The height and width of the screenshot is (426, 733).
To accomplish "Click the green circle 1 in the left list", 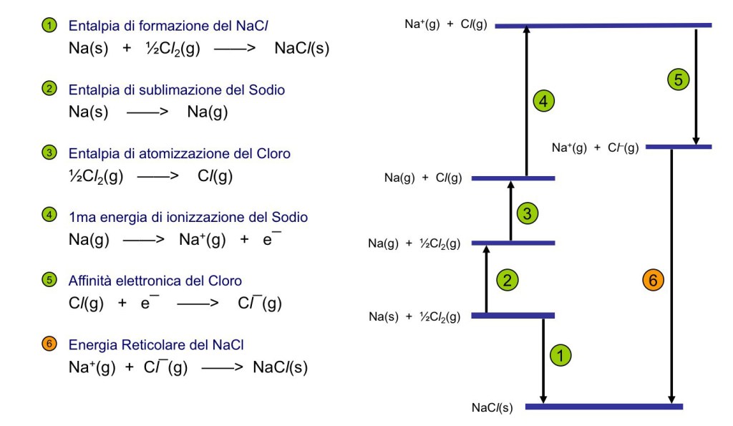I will [x=49, y=26].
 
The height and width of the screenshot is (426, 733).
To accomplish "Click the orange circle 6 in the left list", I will [x=49, y=344].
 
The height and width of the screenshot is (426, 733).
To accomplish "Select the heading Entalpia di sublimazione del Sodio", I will [x=177, y=90].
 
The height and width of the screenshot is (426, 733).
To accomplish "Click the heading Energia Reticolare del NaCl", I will [x=156, y=345].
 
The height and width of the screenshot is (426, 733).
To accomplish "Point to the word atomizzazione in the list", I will [x=160, y=154].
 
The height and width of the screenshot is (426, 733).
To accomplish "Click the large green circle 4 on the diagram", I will [x=544, y=102].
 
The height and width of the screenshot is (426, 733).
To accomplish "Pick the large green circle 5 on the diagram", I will [x=678, y=79].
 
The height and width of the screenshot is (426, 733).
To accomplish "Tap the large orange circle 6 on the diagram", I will [x=654, y=281].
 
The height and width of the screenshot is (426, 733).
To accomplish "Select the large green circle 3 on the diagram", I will [x=527, y=213].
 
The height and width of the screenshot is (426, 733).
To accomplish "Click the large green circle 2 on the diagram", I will [x=507, y=280].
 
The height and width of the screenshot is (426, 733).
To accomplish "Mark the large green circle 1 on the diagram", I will [x=560, y=353].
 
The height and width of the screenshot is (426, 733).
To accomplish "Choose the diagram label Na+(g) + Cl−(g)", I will [x=595, y=147].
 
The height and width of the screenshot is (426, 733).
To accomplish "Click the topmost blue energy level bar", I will [x=603, y=25].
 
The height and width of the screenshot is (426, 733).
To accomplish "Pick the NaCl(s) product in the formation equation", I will [x=301, y=49].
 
